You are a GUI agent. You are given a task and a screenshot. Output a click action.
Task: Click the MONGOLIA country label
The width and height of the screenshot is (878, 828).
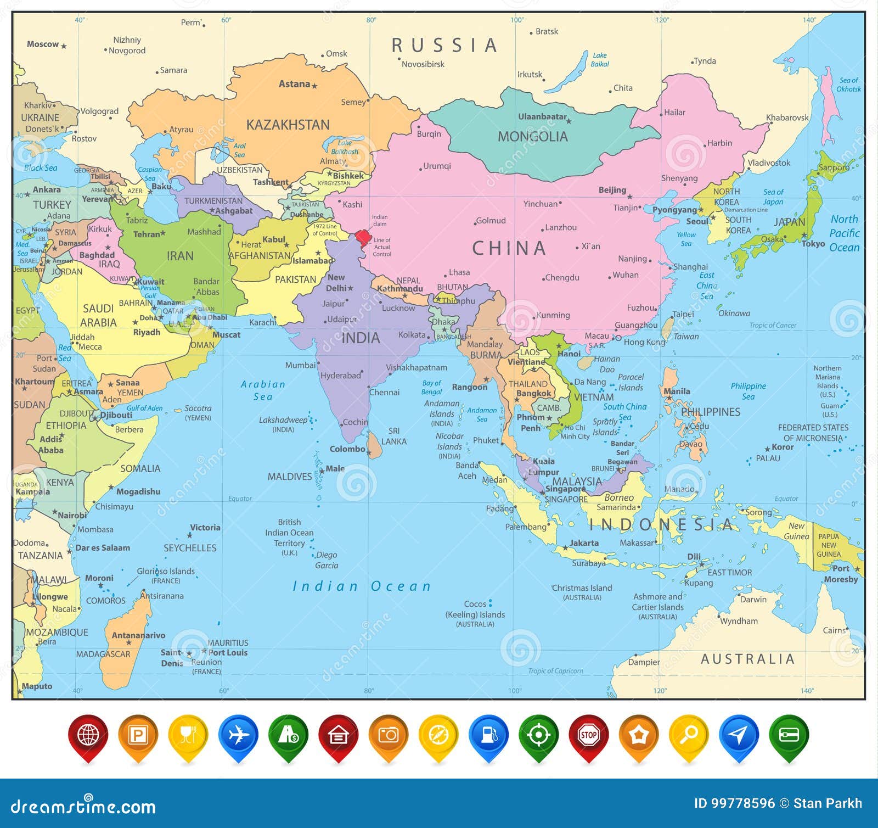pos(532,137)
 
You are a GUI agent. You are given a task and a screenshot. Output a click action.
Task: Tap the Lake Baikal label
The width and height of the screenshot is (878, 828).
pos(600,60)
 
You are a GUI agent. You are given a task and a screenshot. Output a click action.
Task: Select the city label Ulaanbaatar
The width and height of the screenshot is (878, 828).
pos(542,116)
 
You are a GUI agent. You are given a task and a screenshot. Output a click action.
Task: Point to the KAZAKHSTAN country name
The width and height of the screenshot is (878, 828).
pos(288,125)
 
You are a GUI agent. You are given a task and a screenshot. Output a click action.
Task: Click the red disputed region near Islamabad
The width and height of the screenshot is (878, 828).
pos(363,238)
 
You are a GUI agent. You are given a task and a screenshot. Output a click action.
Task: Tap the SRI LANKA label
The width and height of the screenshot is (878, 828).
pos(393,436)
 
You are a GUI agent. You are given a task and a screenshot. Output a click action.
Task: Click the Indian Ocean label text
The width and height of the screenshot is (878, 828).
pos(362,586)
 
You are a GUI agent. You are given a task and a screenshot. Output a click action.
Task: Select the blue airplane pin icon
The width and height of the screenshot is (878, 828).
pos(238,735)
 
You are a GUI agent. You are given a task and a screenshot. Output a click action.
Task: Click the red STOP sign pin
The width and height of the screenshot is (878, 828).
pos(588,735)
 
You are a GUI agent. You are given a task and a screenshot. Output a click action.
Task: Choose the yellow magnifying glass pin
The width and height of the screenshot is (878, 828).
pos(689,735)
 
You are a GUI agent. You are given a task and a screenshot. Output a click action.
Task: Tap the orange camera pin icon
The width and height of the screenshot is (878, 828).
pos(389,735)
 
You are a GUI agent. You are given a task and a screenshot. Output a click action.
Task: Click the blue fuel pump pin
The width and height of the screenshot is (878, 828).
pos(488,735)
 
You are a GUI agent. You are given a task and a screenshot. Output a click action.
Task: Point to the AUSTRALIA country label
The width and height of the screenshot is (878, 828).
pos(747,659)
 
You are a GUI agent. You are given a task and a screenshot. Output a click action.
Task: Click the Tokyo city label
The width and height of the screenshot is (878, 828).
pos(813,244)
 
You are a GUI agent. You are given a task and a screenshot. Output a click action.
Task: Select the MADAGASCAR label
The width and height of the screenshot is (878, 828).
pos(103,654)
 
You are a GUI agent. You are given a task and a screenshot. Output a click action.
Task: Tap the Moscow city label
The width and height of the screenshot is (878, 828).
pos(43,44)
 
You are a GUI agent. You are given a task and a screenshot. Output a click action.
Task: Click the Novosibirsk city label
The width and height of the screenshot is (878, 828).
pos(423,64)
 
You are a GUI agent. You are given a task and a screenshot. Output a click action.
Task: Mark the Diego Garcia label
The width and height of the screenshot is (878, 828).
pos(327,560)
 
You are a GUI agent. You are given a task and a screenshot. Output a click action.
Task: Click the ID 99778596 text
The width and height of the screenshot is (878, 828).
pos(734,803)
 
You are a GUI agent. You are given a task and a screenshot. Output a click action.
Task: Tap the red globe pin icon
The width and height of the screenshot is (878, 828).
pos(88,735)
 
